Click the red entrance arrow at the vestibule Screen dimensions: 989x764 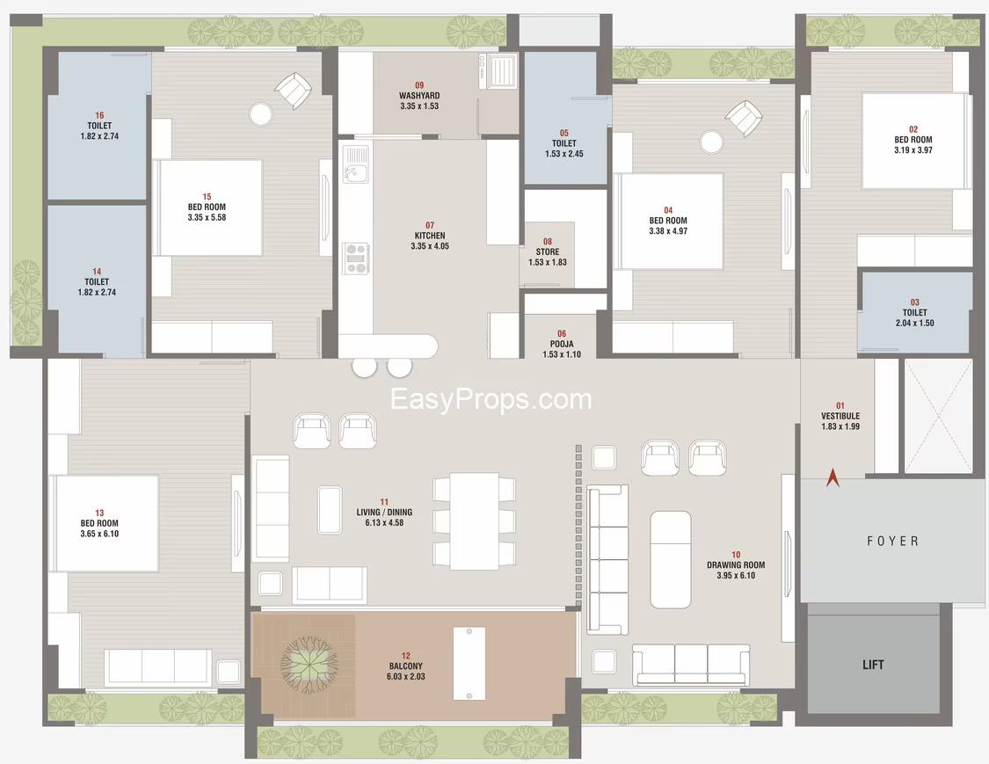tap(833, 477)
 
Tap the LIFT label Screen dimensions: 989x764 tap(873, 665)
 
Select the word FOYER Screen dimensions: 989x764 tap(892, 541)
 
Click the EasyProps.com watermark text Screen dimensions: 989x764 tap(491, 399)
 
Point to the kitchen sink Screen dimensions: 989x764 tap(355, 164)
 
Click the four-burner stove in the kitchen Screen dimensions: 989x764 tap(356, 258)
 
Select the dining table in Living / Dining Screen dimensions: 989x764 tap(475, 521)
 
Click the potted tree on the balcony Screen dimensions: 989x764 tap(309, 665)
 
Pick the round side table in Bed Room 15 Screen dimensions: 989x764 tap(260, 114)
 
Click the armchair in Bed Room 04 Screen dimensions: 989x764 tap(744, 118)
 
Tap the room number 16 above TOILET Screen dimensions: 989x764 tap(99, 115)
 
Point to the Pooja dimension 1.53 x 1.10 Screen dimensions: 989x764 tap(562, 354)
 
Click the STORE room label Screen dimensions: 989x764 tap(548, 251)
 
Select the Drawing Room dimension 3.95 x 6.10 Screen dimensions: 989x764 tap(736, 575)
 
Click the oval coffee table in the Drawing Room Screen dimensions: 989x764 tap(671, 560)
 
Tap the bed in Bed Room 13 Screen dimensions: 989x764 tap(105, 524)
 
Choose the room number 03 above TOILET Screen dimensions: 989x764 tap(914, 302)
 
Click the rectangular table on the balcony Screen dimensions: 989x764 tap(469, 663)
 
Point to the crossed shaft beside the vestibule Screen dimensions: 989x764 tap(938, 416)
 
